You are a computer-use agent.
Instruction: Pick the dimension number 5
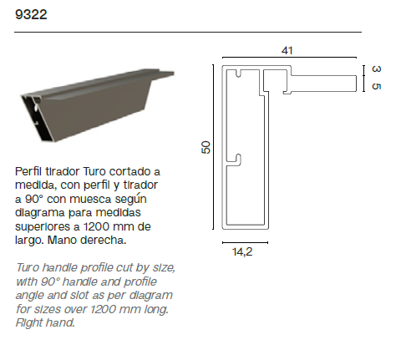377,86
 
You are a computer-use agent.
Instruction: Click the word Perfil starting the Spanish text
29,170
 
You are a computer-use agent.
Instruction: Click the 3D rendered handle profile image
92,100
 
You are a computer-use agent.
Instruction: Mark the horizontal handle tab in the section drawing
317,82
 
